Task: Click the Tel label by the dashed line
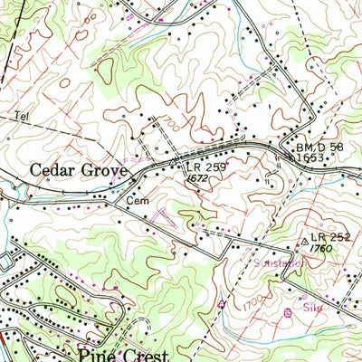(21, 117)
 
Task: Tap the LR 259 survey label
(205, 168)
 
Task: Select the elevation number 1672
(199, 179)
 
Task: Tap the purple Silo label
(313, 307)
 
